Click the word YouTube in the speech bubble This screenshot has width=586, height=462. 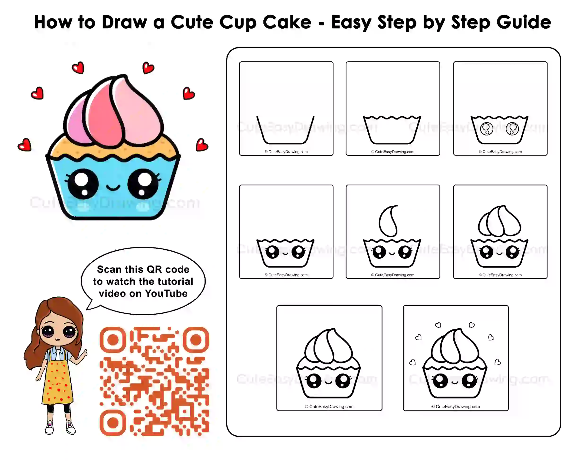pos(166,294)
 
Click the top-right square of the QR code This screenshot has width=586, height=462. pos(196,340)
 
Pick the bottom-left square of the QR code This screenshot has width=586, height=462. pos(113,423)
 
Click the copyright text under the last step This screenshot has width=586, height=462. pos(456,406)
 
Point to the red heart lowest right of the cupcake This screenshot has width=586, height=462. pos(202,145)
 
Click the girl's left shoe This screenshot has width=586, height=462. pos(49,427)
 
